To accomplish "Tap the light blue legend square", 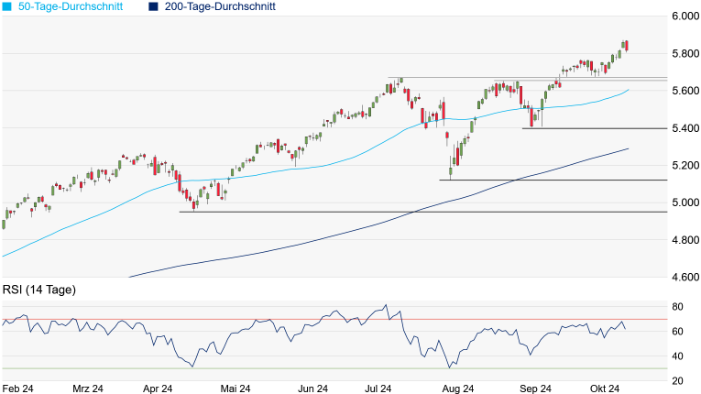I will pos(6,6).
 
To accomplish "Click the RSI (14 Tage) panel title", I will pos(39,290).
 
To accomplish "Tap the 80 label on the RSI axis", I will pos(678,306).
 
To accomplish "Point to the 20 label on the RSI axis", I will pos(678,381).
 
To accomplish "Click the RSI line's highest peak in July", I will pos(387,305).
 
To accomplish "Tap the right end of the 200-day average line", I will pos(629,148).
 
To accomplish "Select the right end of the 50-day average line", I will pos(629,90).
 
